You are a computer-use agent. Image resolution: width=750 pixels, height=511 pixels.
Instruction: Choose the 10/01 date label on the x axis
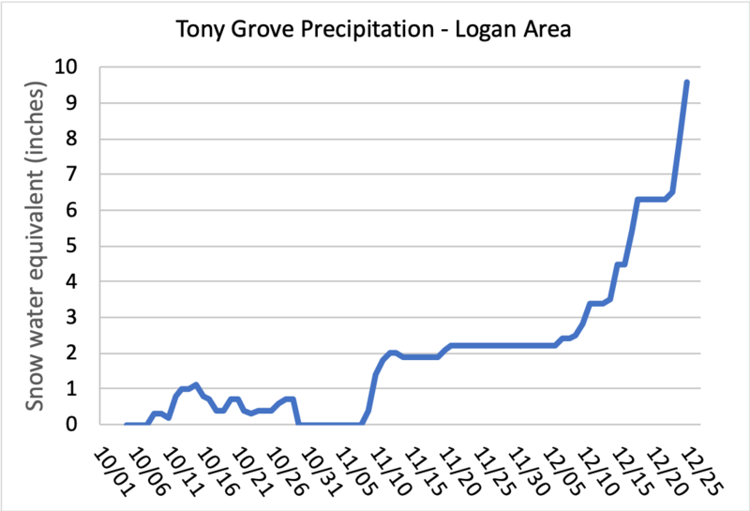click(111, 463)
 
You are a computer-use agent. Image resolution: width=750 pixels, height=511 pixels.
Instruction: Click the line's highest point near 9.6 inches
click(687, 82)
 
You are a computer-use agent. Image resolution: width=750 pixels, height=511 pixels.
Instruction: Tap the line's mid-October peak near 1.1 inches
click(195, 384)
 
